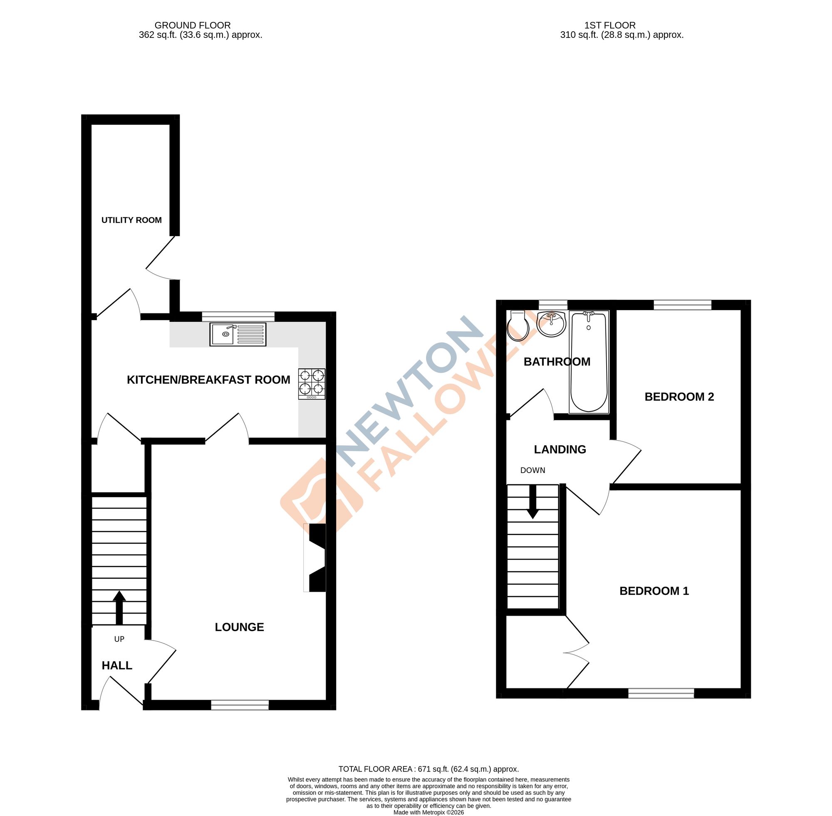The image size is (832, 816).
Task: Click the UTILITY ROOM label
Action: tap(131, 220)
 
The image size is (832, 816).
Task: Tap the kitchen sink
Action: tap(238, 335)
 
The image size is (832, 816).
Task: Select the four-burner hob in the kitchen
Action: tap(312, 384)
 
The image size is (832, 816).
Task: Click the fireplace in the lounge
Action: tap(316, 557)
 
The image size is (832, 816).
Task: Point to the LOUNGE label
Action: tap(239, 627)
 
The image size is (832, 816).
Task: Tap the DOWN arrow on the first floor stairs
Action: tap(532, 502)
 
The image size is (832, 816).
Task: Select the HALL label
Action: tap(116, 666)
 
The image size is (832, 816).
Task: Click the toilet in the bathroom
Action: tap(518, 326)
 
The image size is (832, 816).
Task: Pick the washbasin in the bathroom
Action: tap(552, 324)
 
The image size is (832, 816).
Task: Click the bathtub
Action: tap(588, 362)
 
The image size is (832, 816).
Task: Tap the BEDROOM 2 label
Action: tap(679, 397)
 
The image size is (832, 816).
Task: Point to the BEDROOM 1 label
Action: tap(654, 591)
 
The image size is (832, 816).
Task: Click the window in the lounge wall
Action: tap(240, 705)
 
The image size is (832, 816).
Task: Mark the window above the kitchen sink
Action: tap(238, 316)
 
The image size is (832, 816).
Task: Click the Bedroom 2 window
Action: tap(682, 305)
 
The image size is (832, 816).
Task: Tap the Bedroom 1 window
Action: tap(661, 693)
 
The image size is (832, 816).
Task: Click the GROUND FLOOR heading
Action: tap(193, 26)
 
